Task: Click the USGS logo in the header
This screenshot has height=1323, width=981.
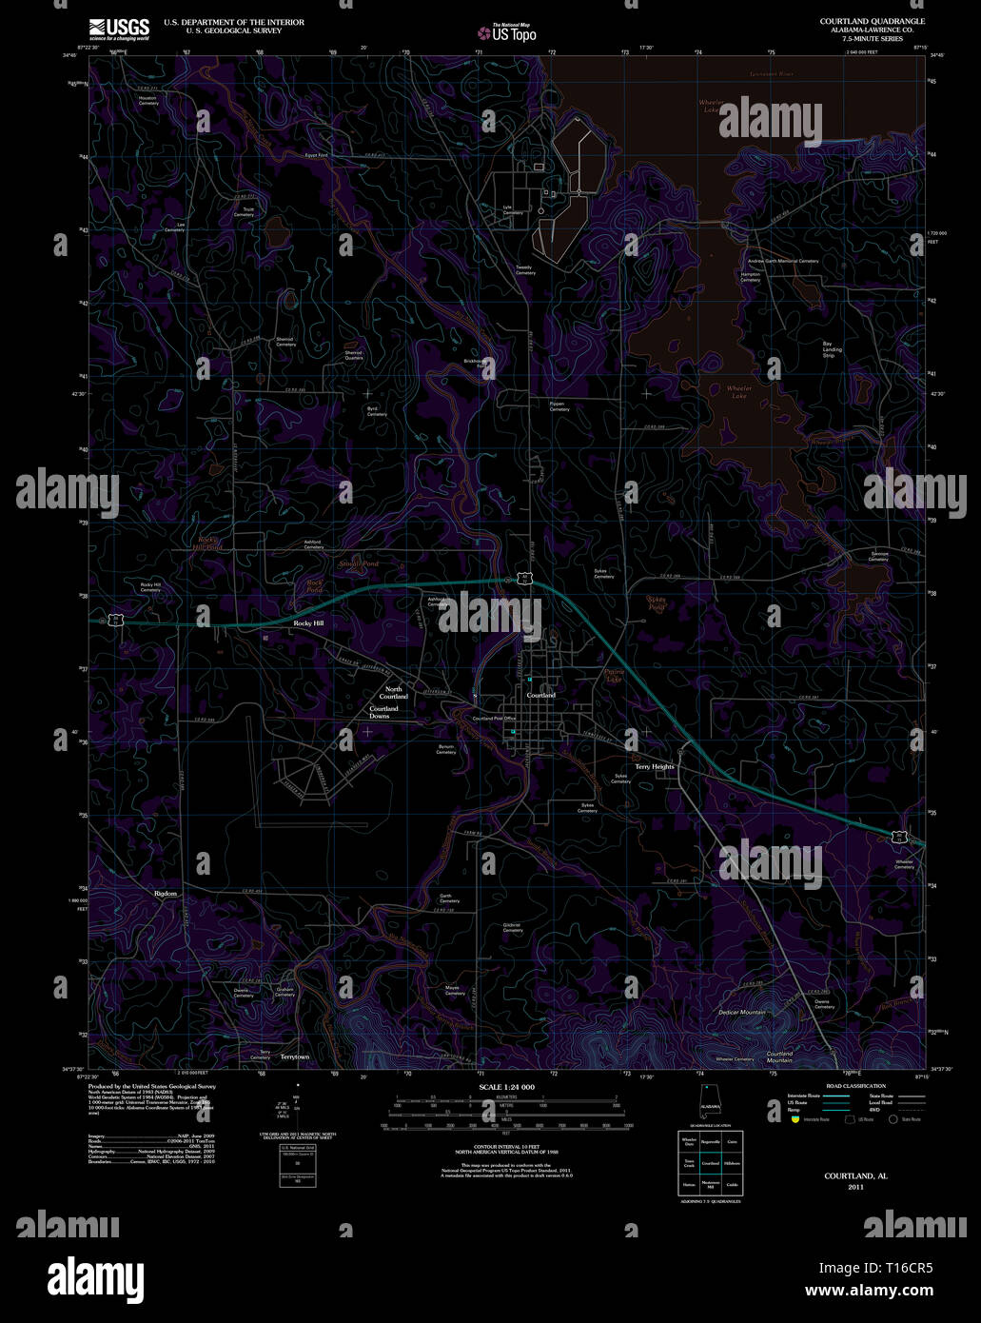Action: point(119,29)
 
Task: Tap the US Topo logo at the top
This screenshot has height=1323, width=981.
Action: point(506,33)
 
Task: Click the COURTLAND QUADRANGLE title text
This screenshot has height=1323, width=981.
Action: point(872,21)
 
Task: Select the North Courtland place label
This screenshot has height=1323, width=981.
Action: point(394,692)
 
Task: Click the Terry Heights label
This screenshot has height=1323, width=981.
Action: point(655,766)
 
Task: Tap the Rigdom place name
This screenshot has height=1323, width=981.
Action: point(167,894)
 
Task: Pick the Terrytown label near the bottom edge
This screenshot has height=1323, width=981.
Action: point(295,1056)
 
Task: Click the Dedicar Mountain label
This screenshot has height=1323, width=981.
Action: point(742,1012)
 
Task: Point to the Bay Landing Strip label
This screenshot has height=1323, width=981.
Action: point(833,347)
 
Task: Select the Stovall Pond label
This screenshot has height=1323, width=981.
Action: point(359,564)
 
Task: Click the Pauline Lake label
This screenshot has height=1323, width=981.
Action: point(614,676)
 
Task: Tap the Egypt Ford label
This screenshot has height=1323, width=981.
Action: point(316,155)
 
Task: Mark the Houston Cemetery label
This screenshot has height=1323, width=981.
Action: point(147,100)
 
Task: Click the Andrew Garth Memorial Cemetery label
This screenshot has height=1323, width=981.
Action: point(782,261)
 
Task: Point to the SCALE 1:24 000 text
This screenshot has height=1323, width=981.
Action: point(506,1087)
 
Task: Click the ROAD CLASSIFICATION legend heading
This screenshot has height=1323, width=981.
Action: point(855,1086)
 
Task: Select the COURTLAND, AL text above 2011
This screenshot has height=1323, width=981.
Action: point(855,1176)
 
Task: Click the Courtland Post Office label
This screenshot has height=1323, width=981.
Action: point(495,719)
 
